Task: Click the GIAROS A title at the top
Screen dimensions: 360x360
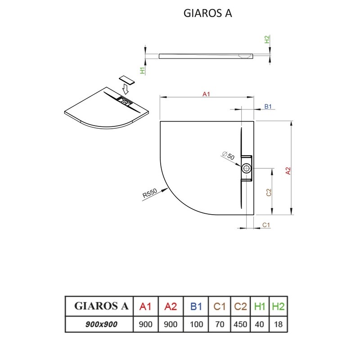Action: [207, 13]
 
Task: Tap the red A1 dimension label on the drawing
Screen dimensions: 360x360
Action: [206, 94]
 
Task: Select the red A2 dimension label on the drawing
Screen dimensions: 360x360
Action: [288, 171]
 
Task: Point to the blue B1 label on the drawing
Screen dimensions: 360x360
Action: [268, 106]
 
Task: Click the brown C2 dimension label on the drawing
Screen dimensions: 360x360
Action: [269, 193]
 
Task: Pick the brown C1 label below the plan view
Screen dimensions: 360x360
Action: [266, 225]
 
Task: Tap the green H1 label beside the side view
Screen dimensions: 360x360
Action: [143, 70]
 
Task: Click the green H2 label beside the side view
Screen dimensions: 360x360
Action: [267, 39]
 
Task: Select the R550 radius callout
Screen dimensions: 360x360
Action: [150, 193]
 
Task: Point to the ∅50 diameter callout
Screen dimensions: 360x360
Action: [228, 155]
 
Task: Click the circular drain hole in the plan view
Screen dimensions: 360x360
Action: [247, 168]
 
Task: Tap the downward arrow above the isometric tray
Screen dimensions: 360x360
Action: [125, 89]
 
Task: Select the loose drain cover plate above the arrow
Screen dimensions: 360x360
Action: [126, 80]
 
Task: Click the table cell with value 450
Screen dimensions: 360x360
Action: [240, 324]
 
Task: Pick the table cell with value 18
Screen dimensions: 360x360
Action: [278, 324]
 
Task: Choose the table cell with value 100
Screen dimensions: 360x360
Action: [196, 324]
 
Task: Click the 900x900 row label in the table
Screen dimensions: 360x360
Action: [101, 324]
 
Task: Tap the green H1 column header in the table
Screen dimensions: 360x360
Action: [260, 306]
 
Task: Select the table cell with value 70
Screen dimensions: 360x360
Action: [220, 324]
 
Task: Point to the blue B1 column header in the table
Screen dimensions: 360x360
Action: [196, 306]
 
